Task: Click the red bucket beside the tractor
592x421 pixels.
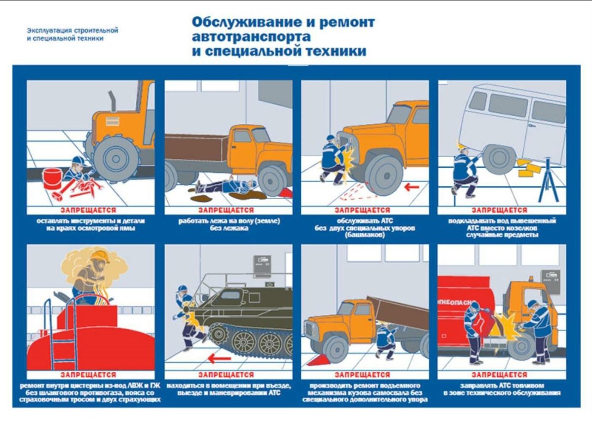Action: pos(52,178)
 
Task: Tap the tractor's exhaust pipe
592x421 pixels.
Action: pos(112,102)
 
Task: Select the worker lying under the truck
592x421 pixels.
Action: pos(224,186)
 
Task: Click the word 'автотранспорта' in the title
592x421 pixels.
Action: pos(251,37)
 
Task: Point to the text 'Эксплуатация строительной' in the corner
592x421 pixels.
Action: pos(73,31)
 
